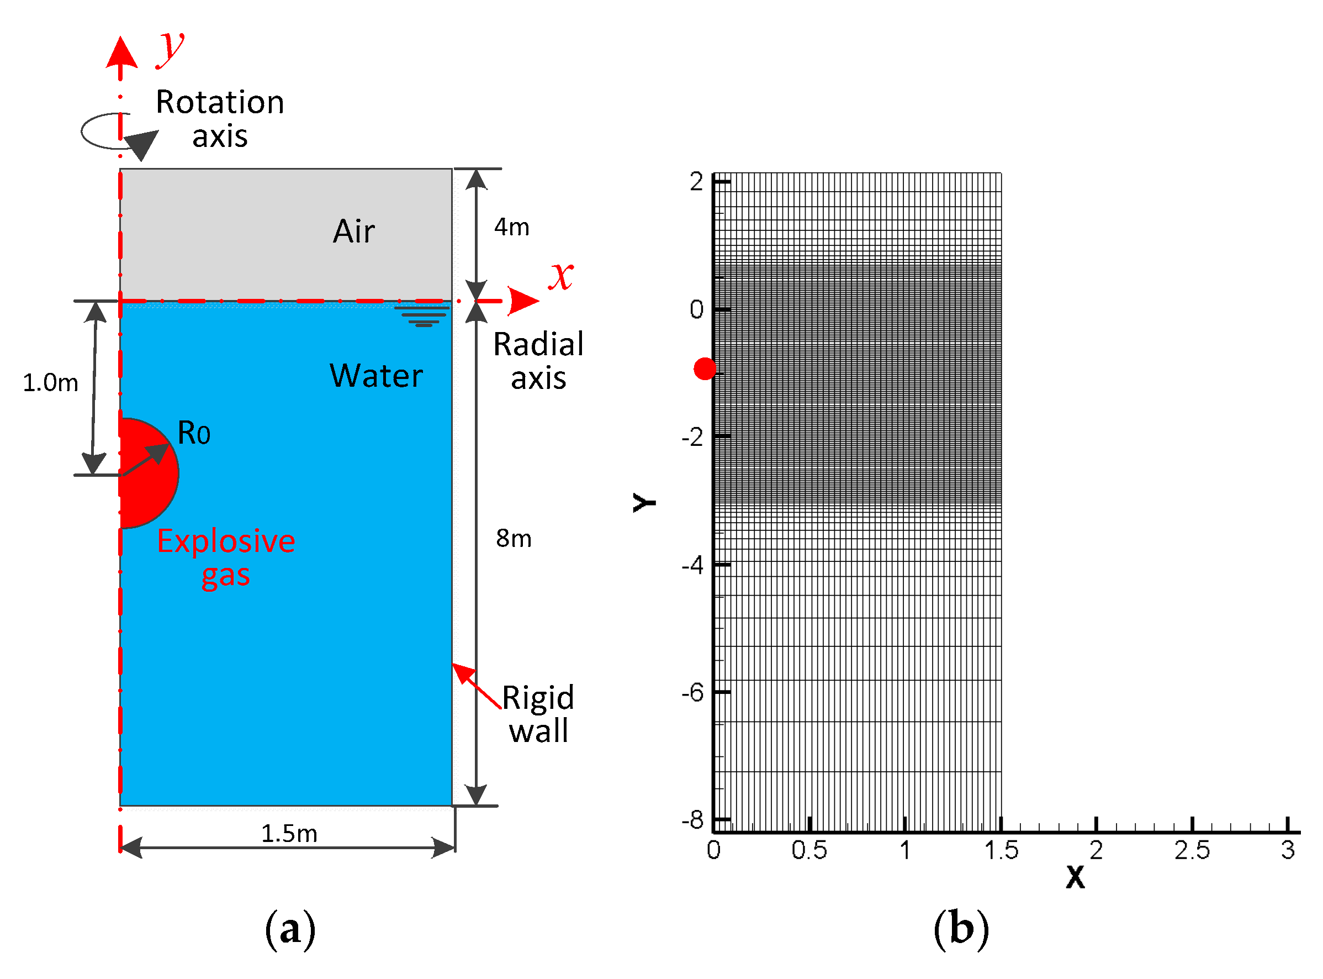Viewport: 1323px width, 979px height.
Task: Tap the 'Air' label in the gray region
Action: point(353,231)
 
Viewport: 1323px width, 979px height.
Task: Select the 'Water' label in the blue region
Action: point(376,376)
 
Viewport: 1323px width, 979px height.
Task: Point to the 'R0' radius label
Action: point(194,433)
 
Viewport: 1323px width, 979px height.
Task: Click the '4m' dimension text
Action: point(512,227)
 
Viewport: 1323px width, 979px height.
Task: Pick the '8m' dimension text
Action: point(514,539)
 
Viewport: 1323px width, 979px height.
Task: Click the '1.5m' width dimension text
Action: point(289,834)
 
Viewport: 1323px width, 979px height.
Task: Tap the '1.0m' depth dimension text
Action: point(50,383)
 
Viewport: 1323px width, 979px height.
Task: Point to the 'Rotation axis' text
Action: point(220,119)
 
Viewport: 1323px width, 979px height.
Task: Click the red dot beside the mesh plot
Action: point(705,369)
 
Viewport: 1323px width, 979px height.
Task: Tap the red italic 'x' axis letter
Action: point(560,276)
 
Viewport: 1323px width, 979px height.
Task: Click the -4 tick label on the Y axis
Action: point(692,565)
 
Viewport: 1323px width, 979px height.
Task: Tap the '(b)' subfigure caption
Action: point(961,929)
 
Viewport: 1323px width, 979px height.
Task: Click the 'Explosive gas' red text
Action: point(226,557)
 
